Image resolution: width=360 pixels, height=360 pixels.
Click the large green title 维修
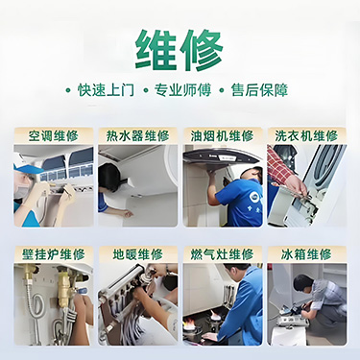pos(180,50)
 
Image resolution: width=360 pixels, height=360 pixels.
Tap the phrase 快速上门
pos(106,90)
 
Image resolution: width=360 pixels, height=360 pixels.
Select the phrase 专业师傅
pos(182,90)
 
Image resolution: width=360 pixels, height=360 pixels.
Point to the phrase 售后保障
pos(259,90)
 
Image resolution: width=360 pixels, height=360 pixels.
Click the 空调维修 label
pos(54,136)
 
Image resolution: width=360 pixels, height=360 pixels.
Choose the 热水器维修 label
pos(138,136)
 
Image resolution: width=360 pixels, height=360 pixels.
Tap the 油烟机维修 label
pos(223,136)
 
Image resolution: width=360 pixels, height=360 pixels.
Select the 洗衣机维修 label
pos(306,136)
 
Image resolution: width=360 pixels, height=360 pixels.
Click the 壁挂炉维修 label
pos(54,254)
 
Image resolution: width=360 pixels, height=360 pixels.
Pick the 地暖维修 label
pos(138,254)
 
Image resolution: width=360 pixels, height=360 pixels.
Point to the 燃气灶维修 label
pos(223,254)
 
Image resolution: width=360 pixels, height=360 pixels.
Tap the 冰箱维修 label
pos(306,254)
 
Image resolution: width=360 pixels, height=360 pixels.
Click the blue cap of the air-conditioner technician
pos(27,169)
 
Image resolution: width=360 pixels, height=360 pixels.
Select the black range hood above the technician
pos(222,157)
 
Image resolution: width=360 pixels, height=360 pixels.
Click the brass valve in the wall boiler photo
pos(63,287)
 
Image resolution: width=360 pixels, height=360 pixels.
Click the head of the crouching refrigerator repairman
pos(302,283)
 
